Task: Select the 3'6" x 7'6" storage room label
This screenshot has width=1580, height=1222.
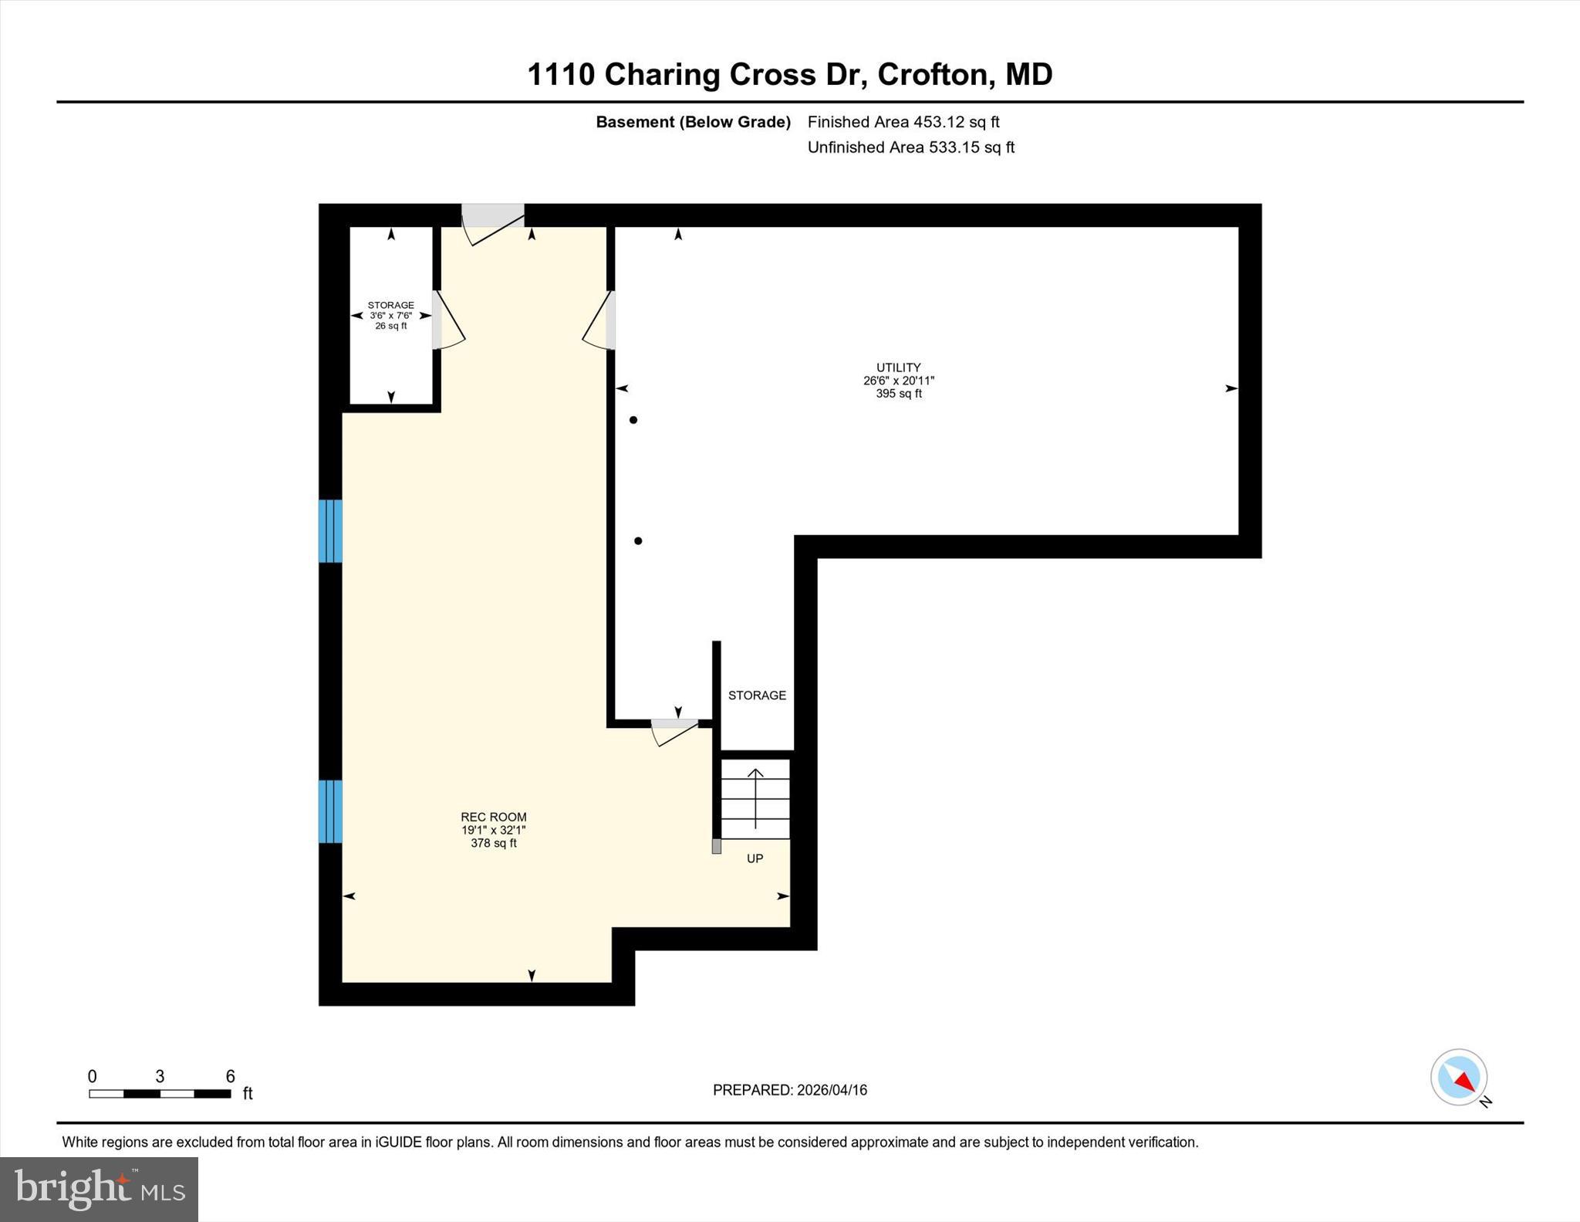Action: [x=390, y=315]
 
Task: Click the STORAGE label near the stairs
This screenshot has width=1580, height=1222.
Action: [x=757, y=696]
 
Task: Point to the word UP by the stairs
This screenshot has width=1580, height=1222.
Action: [x=755, y=858]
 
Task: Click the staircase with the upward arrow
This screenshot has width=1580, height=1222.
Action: [x=755, y=799]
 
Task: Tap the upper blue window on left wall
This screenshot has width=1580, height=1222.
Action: [x=330, y=531]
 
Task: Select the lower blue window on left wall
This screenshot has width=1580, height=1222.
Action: [x=330, y=811]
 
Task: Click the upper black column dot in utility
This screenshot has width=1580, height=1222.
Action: [x=633, y=420]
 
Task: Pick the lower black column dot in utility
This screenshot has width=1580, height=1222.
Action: [x=638, y=541]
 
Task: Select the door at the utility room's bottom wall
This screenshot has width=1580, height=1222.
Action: [x=674, y=729]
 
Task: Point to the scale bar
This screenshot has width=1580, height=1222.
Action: [x=160, y=1093]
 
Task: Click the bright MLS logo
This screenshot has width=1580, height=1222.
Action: [x=99, y=1189]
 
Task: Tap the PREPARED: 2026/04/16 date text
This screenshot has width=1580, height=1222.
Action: [x=789, y=1090]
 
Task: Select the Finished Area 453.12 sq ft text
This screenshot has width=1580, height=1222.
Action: [x=903, y=122]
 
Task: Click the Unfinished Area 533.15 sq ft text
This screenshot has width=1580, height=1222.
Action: [x=910, y=147]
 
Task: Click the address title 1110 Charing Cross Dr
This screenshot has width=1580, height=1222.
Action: [x=789, y=75]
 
